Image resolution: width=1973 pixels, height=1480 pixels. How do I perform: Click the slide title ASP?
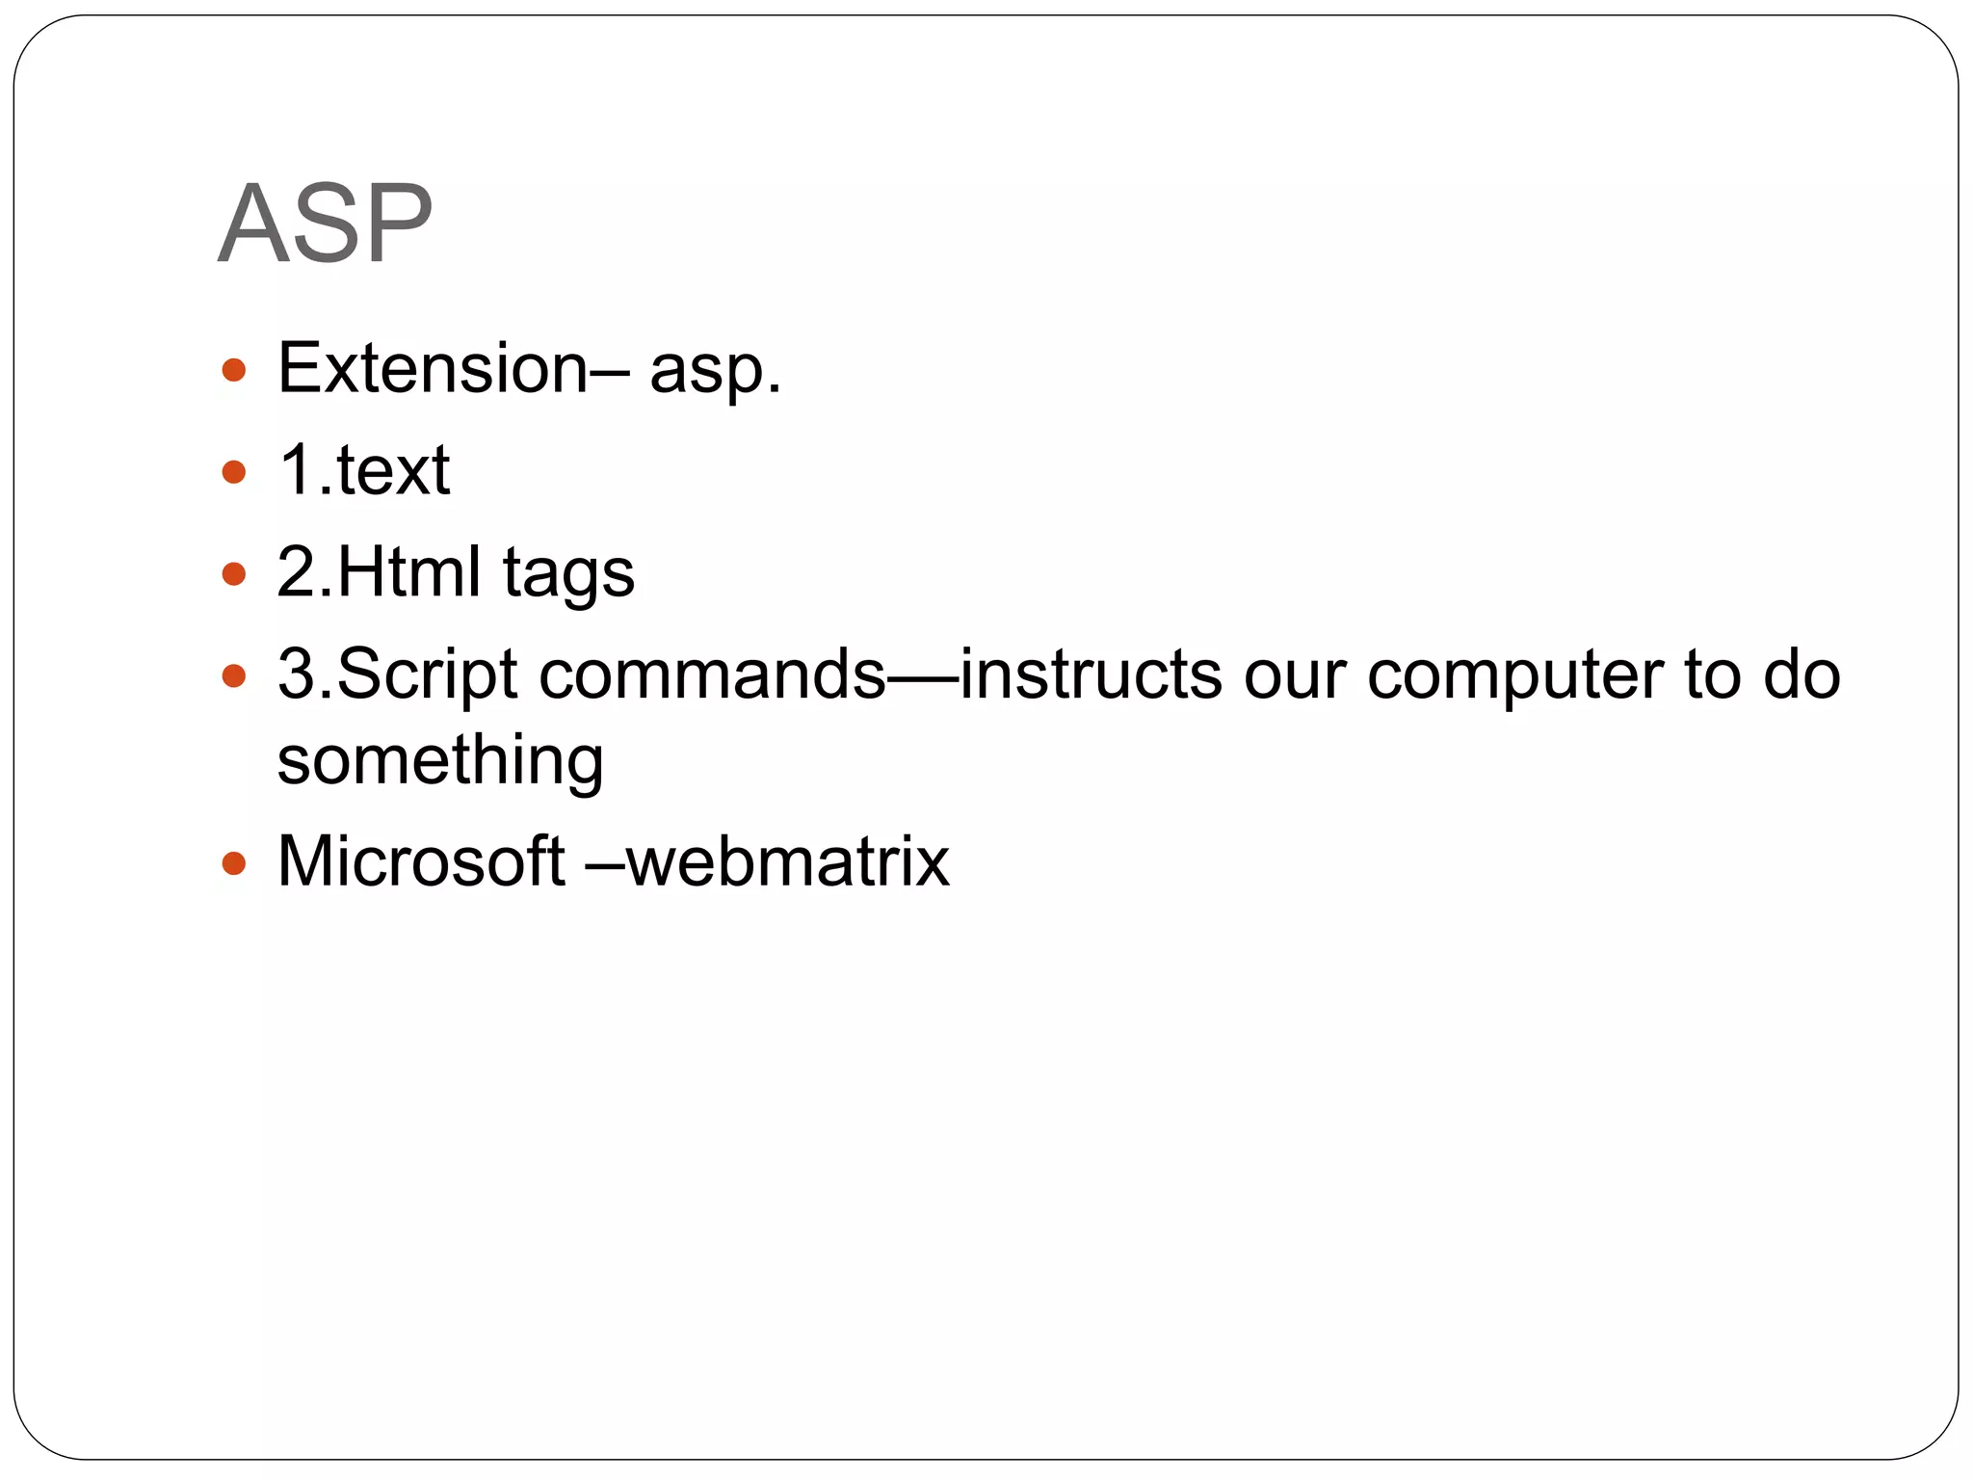point(326,224)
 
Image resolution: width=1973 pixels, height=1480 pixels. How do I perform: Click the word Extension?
point(433,368)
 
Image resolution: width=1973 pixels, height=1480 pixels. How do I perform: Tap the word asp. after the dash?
point(715,370)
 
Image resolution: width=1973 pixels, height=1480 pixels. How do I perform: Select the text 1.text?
point(364,470)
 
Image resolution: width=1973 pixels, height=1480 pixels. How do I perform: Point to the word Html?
point(408,571)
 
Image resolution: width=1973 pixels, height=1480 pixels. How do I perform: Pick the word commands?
point(712,674)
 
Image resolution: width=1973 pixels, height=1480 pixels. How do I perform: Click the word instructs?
point(1091,674)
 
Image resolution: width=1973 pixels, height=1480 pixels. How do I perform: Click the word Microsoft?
point(421,860)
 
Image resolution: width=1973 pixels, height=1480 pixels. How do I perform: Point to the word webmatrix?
point(787,860)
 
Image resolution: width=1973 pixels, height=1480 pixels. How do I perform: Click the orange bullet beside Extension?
point(234,370)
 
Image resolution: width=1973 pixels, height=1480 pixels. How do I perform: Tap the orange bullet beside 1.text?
point(234,472)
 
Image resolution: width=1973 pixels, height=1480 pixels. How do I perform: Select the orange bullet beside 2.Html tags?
point(234,574)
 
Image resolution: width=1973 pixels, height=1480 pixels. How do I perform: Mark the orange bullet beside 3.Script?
point(234,675)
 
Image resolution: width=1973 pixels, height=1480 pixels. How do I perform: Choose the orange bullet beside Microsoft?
point(234,862)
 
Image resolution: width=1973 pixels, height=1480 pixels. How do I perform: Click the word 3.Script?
point(398,675)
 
